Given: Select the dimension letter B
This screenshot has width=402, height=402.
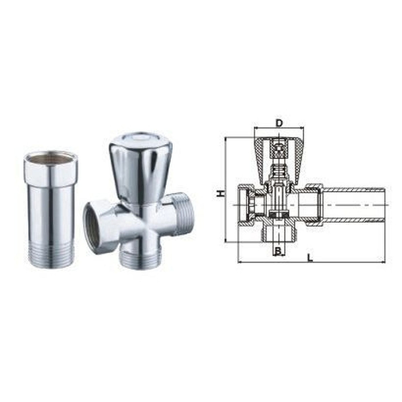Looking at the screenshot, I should [277, 252].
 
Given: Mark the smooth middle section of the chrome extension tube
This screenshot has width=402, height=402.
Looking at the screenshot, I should [51, 213].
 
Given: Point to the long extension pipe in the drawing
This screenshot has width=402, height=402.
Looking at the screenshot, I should [354, 205].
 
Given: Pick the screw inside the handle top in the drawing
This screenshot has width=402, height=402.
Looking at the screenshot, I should [279, 151].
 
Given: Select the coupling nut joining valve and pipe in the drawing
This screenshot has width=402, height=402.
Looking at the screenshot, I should [314, 205].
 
